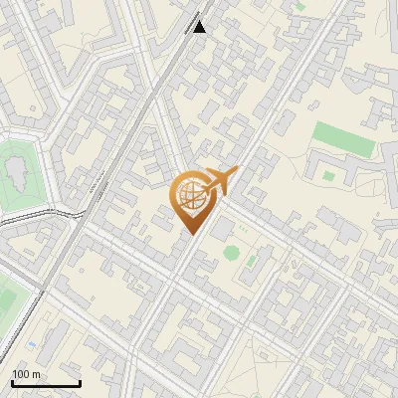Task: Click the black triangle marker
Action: [x=200, y=27]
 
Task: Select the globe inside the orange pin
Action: [x=190, y=195]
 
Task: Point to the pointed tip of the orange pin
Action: [x=190, y=234]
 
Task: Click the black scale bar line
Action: [x=46, y=383]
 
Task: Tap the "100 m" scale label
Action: [x=26, y=374]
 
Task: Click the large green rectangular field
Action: [x=344, y=139]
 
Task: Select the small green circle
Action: [x=231, y=253]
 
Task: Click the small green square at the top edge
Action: [x=299, y=6]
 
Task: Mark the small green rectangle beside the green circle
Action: [x=253, y=261]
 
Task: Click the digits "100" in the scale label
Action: [x=21, y=374]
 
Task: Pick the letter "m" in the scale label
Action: [x=36, y=375]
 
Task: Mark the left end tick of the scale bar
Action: [x=13, y=382]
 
